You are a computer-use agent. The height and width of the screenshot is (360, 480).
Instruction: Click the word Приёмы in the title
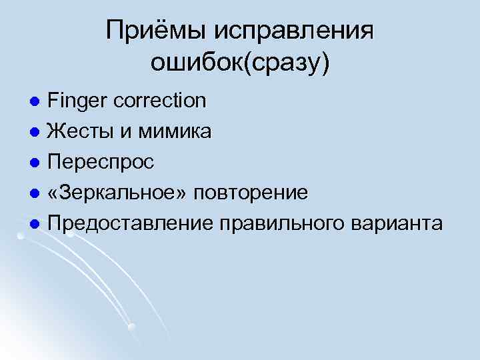coord(155,31)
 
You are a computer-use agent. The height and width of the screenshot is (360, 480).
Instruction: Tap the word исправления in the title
coord(294,31)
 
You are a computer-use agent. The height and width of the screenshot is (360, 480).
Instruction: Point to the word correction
coord(160,101)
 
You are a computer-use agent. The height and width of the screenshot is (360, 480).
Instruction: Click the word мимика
coord(175,131)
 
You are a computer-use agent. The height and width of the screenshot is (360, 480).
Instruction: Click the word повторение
coord(251,193)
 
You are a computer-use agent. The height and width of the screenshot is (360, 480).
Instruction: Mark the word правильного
coord(291,223)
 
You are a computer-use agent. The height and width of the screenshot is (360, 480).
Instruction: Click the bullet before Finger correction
coord(37,102)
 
